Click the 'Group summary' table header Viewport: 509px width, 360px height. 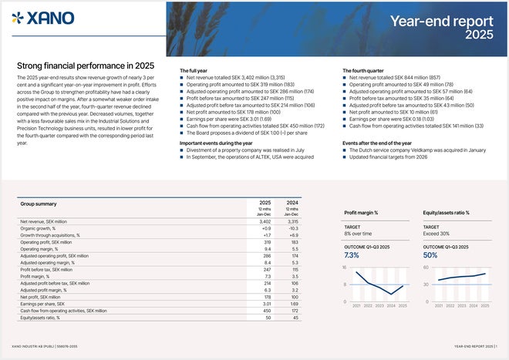point(39,204)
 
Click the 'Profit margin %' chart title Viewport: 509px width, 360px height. point(364,213)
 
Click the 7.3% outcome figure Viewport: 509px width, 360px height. point(352,255)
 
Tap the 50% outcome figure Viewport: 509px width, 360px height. point(430,255)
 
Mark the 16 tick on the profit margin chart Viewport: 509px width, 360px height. point(346,267)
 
